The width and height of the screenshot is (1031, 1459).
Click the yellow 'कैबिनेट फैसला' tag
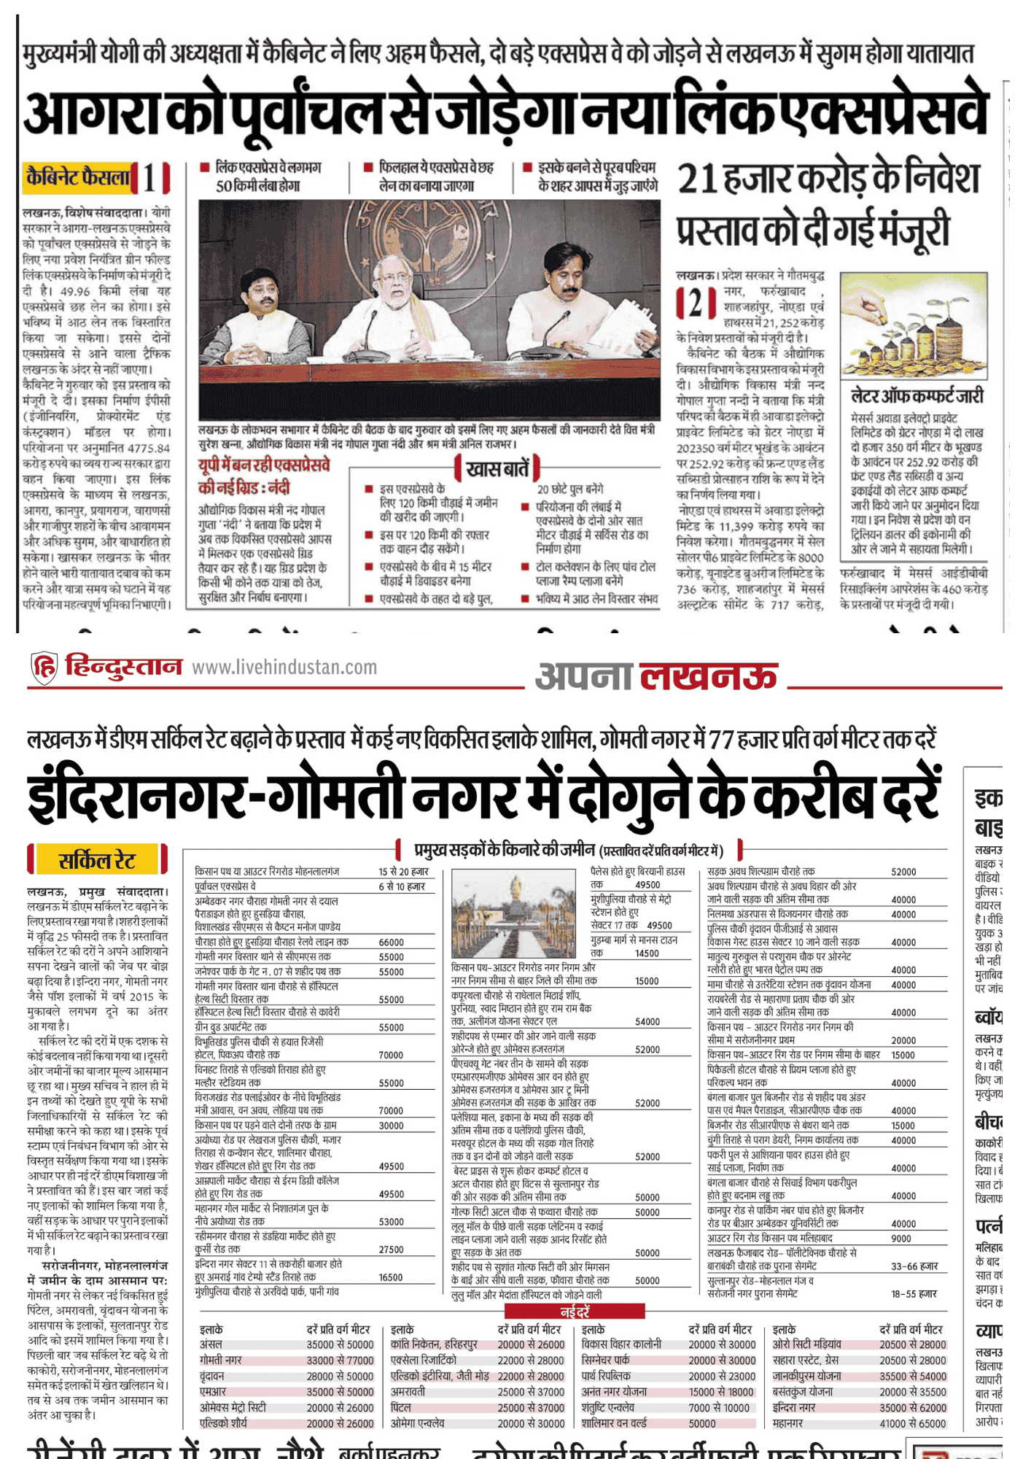click(78, 177)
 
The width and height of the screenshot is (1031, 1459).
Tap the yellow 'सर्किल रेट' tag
click(97, 860)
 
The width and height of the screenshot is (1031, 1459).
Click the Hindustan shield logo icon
click(44, 667)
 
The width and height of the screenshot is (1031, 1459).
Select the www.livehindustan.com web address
click(284, 667)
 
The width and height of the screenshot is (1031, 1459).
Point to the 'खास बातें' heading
click(497, 468)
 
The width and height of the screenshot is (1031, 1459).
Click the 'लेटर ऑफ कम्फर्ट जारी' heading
click(917, 396)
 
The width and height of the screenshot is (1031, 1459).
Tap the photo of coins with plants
click(914, 325)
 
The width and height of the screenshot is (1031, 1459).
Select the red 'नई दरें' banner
click(575, 1312)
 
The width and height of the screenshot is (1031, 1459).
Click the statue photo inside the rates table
click(515, 913)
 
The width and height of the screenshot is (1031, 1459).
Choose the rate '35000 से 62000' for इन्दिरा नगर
click(912, 1407)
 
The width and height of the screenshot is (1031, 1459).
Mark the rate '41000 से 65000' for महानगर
click(912, 1423)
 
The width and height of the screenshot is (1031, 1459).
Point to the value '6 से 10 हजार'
click(400, 886)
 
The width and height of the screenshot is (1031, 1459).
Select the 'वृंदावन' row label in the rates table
click(212, 1376)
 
